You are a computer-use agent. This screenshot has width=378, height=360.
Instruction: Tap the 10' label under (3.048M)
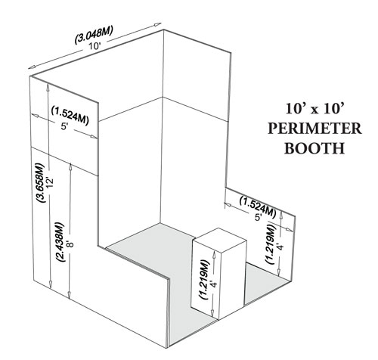click(94, 46)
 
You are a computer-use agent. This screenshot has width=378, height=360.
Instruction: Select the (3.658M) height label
click(40, 183)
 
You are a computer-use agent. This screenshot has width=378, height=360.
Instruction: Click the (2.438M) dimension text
click(60, 242)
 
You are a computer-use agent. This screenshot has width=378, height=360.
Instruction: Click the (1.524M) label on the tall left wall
click(70, 116)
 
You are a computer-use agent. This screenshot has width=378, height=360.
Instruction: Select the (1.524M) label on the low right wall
click(258, 204)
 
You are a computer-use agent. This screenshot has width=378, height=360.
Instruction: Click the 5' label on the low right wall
click(258, 217)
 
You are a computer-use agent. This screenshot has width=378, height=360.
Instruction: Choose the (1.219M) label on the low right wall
click(271, 244)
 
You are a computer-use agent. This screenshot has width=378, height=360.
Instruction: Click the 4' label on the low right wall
click(280, 246)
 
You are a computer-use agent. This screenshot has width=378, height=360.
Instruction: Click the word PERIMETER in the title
click(314, 129)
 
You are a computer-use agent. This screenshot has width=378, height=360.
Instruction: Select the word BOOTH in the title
click(314, 148)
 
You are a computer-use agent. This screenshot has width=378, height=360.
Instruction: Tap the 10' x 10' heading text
click(314, 109)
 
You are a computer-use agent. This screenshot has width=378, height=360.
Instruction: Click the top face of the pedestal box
click(219, 235)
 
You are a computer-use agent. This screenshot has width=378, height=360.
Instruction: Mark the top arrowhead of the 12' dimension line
click(48, 85)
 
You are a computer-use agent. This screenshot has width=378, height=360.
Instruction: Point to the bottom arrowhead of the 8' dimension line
click(70, 295)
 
